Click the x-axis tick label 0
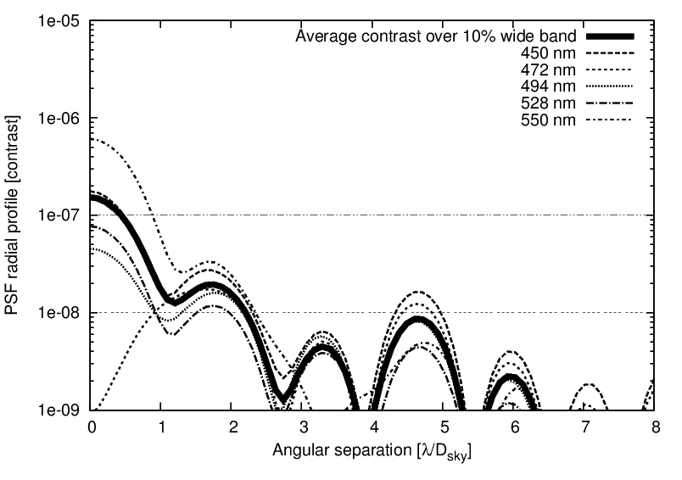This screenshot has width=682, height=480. coord(92,427)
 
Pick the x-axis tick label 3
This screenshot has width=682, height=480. coord(303,427)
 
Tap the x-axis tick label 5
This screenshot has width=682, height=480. coord(444,427)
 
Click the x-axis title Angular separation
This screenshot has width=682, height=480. coord(372,453)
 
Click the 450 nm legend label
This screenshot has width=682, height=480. coord(549,53)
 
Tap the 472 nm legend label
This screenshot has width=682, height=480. coord(549,69)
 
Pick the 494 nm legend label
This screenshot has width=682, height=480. coord(549,86)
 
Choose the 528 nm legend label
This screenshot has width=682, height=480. coord(549,103)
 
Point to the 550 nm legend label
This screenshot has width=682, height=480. coord(549,120)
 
